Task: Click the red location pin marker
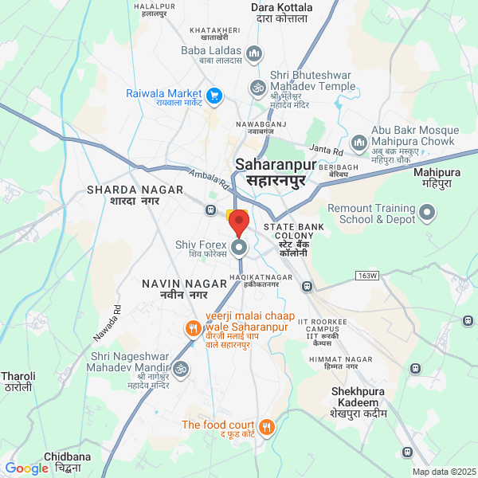click(x=240, y=222)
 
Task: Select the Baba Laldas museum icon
click(x=255, y=54)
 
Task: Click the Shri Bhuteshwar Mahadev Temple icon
click(x=257, y=86)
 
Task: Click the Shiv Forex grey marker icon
click(x=240, y=248)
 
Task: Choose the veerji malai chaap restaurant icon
click(x=193, y=327)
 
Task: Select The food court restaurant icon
click(x=267, y=426)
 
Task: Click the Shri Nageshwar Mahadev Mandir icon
click(x=181, y=369)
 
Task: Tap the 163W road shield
click(x=366, y=276)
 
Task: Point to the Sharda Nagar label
click(x=135, y=195)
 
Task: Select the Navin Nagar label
click(x=174, y=289)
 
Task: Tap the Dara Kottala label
click(x=281, y=13)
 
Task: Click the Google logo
click(x=26, y=468)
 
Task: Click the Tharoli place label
click(x=17, y=381)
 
